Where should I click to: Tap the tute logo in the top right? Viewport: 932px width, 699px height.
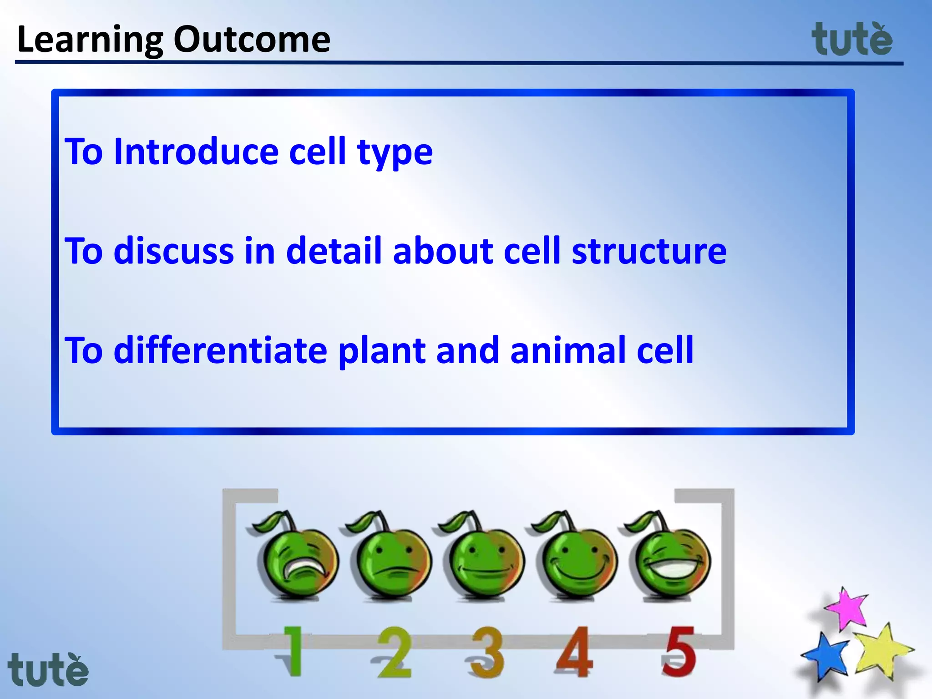[852, 40]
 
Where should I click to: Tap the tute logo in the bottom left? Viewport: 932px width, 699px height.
[48, 669]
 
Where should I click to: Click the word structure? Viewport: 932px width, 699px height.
[649, 251]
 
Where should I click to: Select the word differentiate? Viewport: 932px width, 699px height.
[220, 350]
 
